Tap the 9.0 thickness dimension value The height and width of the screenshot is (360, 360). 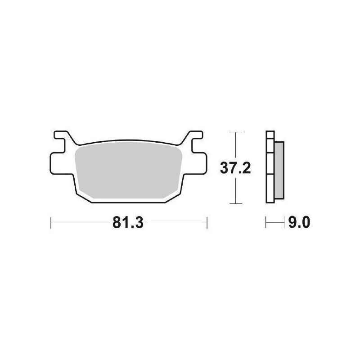click(x=298, y=223)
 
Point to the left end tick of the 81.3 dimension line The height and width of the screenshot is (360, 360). click(x=50, y=223)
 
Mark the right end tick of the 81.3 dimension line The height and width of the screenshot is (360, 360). click(x=207, y=223)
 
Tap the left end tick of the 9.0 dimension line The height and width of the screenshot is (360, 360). click(x=266, y=223)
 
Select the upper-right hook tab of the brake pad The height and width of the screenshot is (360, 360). click(x=195, y=135)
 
